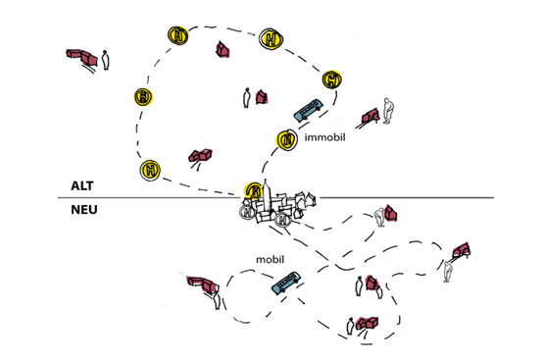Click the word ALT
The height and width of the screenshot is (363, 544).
tap(82, 185)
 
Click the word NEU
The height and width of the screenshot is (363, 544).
tap(84, 210)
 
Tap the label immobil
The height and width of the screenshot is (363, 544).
tap(324, 137)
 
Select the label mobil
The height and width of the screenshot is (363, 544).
tap(270, 259)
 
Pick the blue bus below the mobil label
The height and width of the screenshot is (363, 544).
tap(286, 283)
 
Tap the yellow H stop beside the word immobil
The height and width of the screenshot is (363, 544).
tap(287, 140)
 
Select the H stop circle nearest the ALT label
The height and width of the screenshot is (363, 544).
tap(150, 170)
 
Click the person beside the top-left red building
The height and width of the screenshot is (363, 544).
tap(105, 60)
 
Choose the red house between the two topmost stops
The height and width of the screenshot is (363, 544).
tap(223, 49)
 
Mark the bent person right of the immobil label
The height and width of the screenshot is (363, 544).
tap(388, 111)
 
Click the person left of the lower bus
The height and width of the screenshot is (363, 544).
tap(217, 300)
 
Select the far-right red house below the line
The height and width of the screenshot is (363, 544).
tap(462, 249)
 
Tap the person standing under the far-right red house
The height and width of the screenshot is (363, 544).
tap(448, 272)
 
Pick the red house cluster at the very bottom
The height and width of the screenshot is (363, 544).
tap(367, 323)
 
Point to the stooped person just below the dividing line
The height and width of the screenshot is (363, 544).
tap(380, 217)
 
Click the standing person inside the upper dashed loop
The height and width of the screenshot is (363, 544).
tap(247, 97)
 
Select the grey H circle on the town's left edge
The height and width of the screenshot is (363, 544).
tap(247, 212)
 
